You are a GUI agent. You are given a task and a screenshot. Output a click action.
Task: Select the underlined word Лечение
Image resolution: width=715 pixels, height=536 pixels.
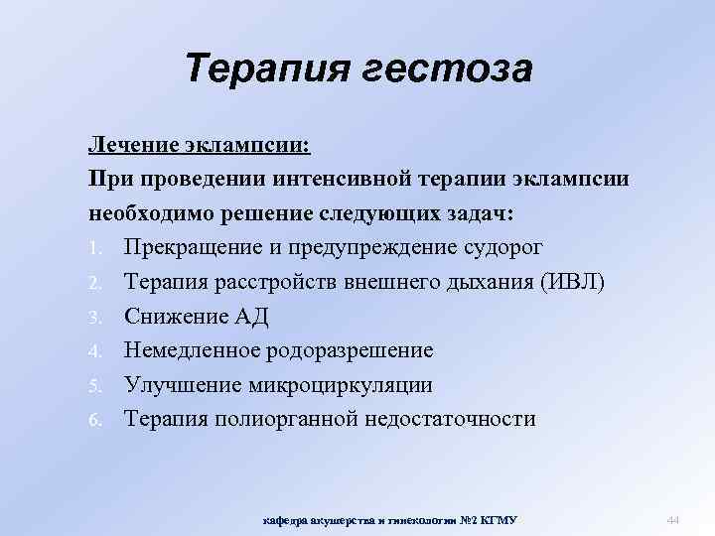tap(132, 146)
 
